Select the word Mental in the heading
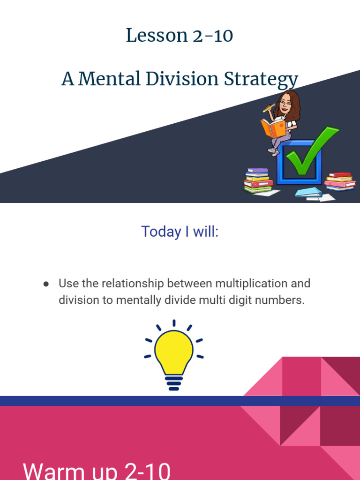point(109,79)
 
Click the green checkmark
point(310,151)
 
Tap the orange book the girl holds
point(273,127)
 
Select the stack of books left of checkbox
point(258,180)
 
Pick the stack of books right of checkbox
point(340,181)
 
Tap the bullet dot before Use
point(46,284)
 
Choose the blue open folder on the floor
point(308,192)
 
